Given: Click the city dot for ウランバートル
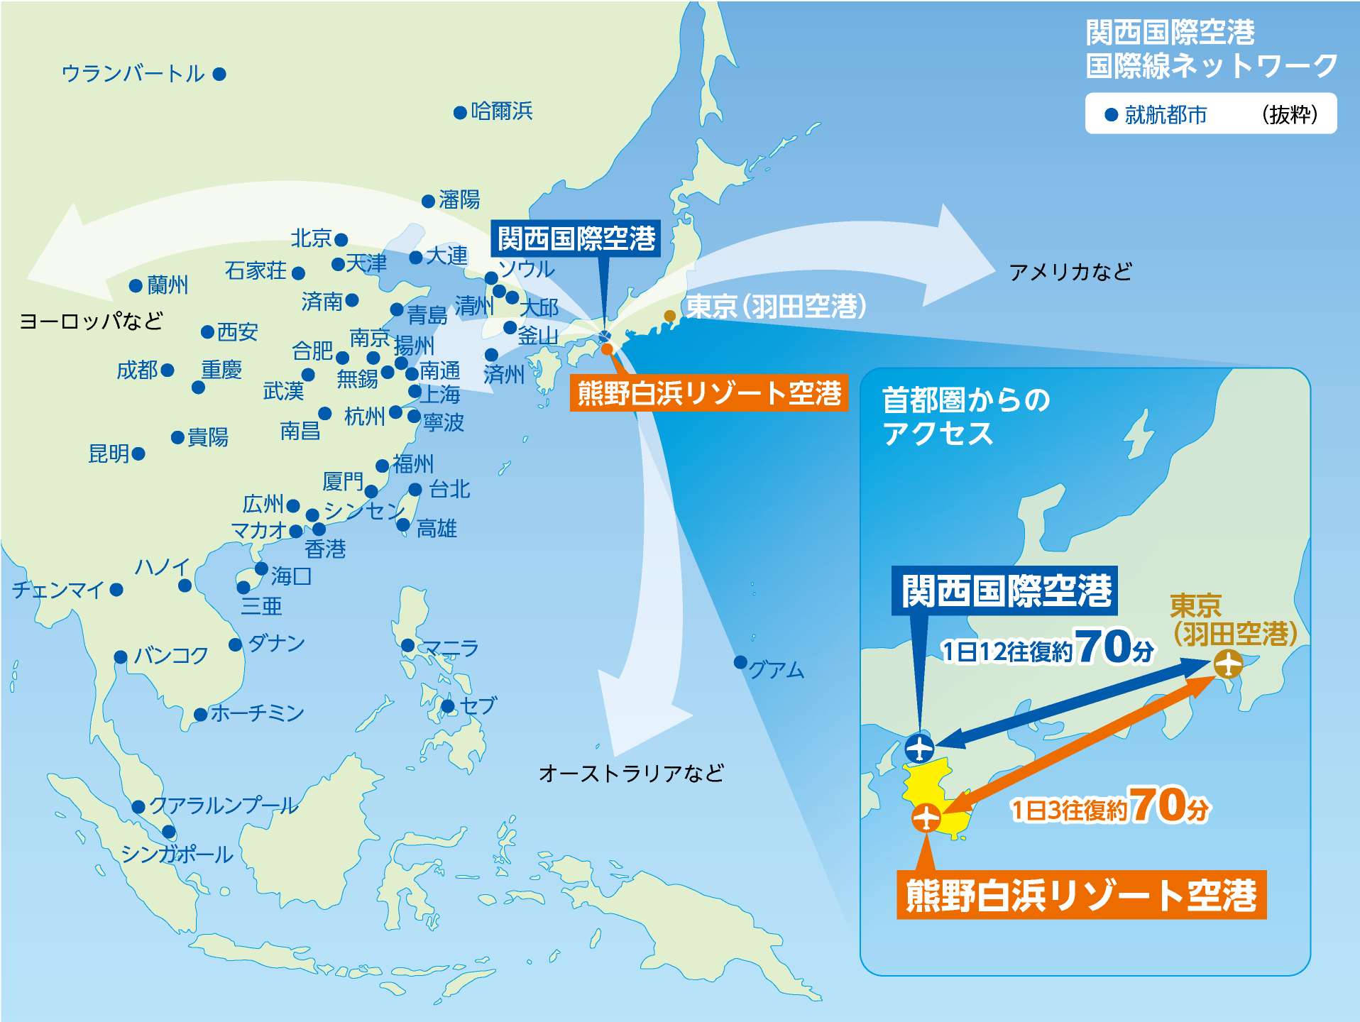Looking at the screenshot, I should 219,74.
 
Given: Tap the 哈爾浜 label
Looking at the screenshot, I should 502,111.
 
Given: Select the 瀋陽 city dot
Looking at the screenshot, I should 428,202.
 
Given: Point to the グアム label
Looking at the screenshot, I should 777,670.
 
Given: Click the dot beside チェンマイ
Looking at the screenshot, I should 116,590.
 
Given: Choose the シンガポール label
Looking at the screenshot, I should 177,854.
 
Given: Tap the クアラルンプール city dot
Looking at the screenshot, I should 138,806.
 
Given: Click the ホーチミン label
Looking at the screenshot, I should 257,713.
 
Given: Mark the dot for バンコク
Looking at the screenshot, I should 121,657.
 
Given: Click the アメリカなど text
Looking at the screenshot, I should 1070,272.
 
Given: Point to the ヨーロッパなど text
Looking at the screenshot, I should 92,321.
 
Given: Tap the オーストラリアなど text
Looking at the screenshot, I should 631,773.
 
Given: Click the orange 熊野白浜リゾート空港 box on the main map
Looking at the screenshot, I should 709,393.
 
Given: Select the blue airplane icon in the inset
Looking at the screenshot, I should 919,748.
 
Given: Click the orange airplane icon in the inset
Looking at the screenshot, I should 926,818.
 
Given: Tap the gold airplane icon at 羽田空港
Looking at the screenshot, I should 1227,664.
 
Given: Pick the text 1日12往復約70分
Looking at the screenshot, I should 1047,647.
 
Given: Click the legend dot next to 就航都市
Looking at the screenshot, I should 1112,115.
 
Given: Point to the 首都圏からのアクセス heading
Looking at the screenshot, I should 965,417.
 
